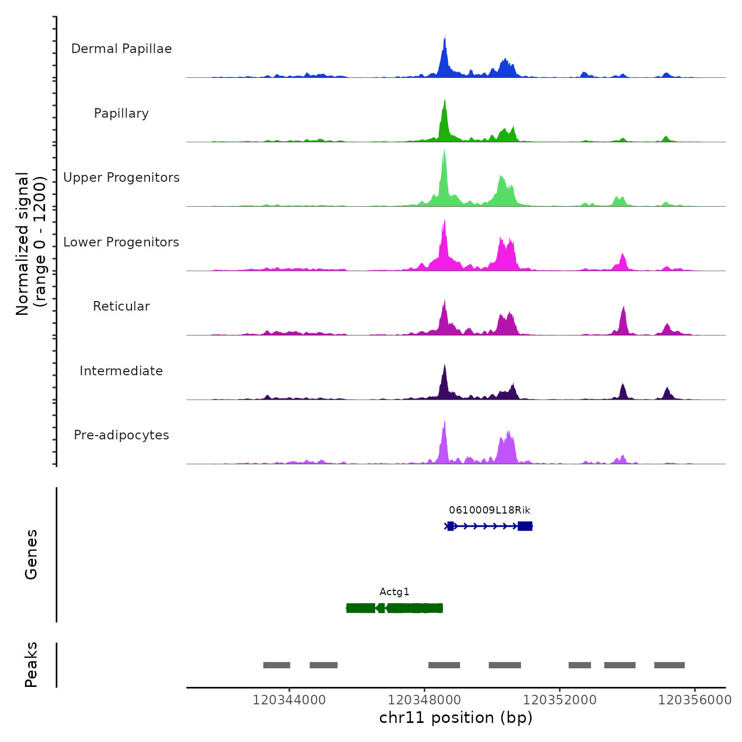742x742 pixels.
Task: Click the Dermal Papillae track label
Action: pyautogui.click(x=121, y=49)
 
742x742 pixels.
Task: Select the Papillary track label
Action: pyautogui.click(x=121, y=113)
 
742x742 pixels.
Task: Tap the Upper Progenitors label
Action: pyautogui.click(x=121, y=178)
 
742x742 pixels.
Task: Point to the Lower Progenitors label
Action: pyautogui.click(x=121, y=242)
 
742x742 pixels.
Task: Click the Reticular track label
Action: pyautogui.click(x=121, y=306)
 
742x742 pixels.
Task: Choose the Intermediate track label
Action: pyautogui.click(x=121, y=371)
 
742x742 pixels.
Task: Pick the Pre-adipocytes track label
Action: pyautogui.click(x=121, y=435)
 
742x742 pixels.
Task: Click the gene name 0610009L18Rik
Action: pyautogui.click(x=489, y=510)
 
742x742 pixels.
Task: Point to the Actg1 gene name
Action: pyautogui.click(x=394, y=592)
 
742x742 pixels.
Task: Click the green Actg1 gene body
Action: pyautogui.click(x=394, y=608)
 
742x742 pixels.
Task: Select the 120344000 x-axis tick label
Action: pyautogui.click(x=289, y=700)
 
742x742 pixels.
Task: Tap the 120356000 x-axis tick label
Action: pyautogui.click(x=694, y=700)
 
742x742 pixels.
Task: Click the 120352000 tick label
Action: pyautogui.click(x=560, y=700)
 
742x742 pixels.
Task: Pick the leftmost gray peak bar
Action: pyautogui.click(x=277, y=665)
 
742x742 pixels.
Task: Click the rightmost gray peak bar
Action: pyautogui.click(x=669, y=665)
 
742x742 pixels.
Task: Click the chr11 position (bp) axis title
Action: pyautogui.click(x=456, y=718)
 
